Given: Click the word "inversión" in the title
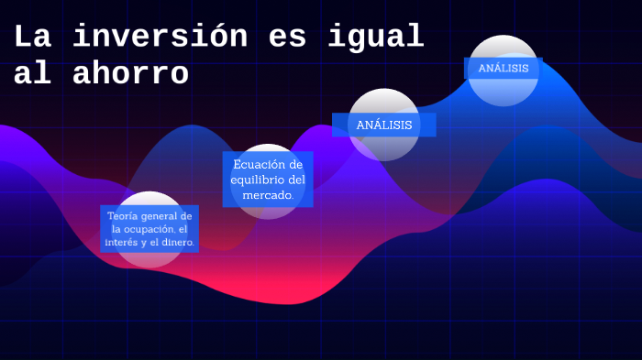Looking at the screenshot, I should coord(160,37).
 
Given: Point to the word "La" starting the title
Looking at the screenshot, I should coord(33,37).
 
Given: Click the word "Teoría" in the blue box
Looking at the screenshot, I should coord(125,215).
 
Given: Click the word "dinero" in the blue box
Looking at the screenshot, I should coord(177,243).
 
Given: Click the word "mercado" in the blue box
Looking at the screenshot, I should coord(268,195).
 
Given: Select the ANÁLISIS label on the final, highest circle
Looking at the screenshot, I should coord(504,69).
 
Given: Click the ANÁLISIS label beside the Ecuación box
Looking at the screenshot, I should coord(384,125).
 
